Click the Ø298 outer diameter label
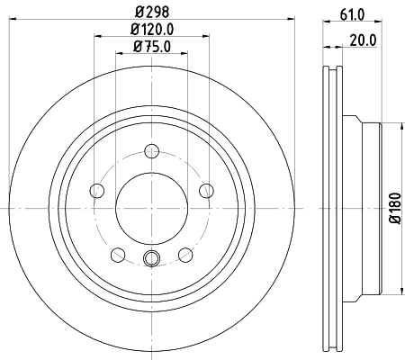point(150,12)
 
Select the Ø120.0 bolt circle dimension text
point(150,31)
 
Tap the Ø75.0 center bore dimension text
point(150,47)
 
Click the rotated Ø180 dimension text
point(394,205)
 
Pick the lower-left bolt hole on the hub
point(118,253)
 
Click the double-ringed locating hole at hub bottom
point(151,261)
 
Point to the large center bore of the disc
point(151,207)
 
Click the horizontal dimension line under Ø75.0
point(150,54)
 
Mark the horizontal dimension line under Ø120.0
point(150,39)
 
